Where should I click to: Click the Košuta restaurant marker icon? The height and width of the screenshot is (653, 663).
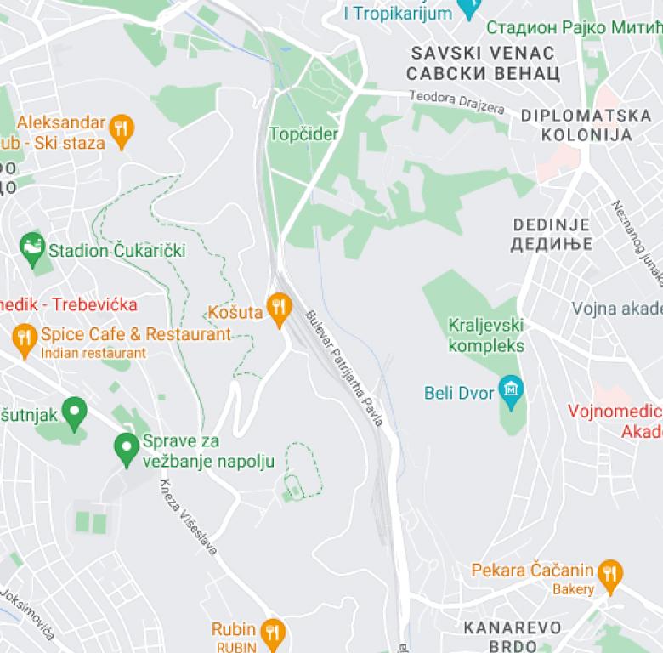(279, 309)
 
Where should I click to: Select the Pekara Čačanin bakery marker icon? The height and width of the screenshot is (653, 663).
(609, 575)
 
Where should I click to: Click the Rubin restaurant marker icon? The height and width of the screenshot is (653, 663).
(273, 633)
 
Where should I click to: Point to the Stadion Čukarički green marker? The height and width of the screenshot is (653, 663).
(32, 248)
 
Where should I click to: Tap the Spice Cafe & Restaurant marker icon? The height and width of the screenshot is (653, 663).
(24, 339)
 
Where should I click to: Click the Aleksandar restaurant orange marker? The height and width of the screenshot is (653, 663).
(122, 130)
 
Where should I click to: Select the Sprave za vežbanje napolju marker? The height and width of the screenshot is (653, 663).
(127, 448)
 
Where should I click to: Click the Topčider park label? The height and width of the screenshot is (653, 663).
(303, 134)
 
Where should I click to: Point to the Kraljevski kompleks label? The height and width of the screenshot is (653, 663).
(486, 336)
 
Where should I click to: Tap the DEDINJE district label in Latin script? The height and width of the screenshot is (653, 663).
(551, 225)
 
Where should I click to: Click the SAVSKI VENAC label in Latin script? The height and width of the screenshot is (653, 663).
(482, 54)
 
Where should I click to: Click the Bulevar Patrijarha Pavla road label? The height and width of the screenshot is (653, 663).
(345, 367)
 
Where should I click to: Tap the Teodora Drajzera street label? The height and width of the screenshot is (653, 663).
(456, 102)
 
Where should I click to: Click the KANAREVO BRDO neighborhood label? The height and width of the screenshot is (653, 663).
(512, 636)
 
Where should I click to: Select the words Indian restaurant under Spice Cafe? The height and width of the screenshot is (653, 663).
(93, 353)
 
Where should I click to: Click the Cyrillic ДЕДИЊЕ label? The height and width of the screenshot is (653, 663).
(551, 245)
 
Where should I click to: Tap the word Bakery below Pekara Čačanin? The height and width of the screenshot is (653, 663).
(573, 589)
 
